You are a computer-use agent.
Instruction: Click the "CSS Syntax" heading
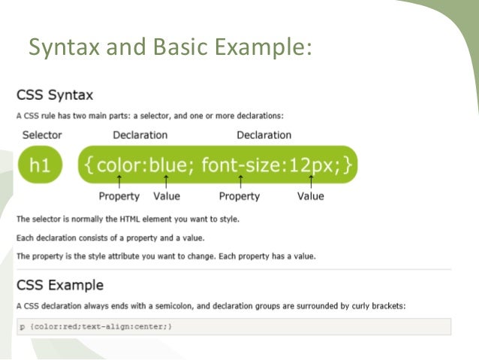coord(54,95)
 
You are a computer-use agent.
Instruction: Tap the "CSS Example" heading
coord(59,286)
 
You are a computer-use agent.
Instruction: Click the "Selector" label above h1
coord(42,135)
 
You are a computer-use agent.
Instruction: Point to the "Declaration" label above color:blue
coord(140,135)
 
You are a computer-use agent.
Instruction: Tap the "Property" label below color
coord(119,196)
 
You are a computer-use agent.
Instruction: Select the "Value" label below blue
coord(167,196)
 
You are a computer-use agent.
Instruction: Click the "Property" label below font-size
coord(239,196)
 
